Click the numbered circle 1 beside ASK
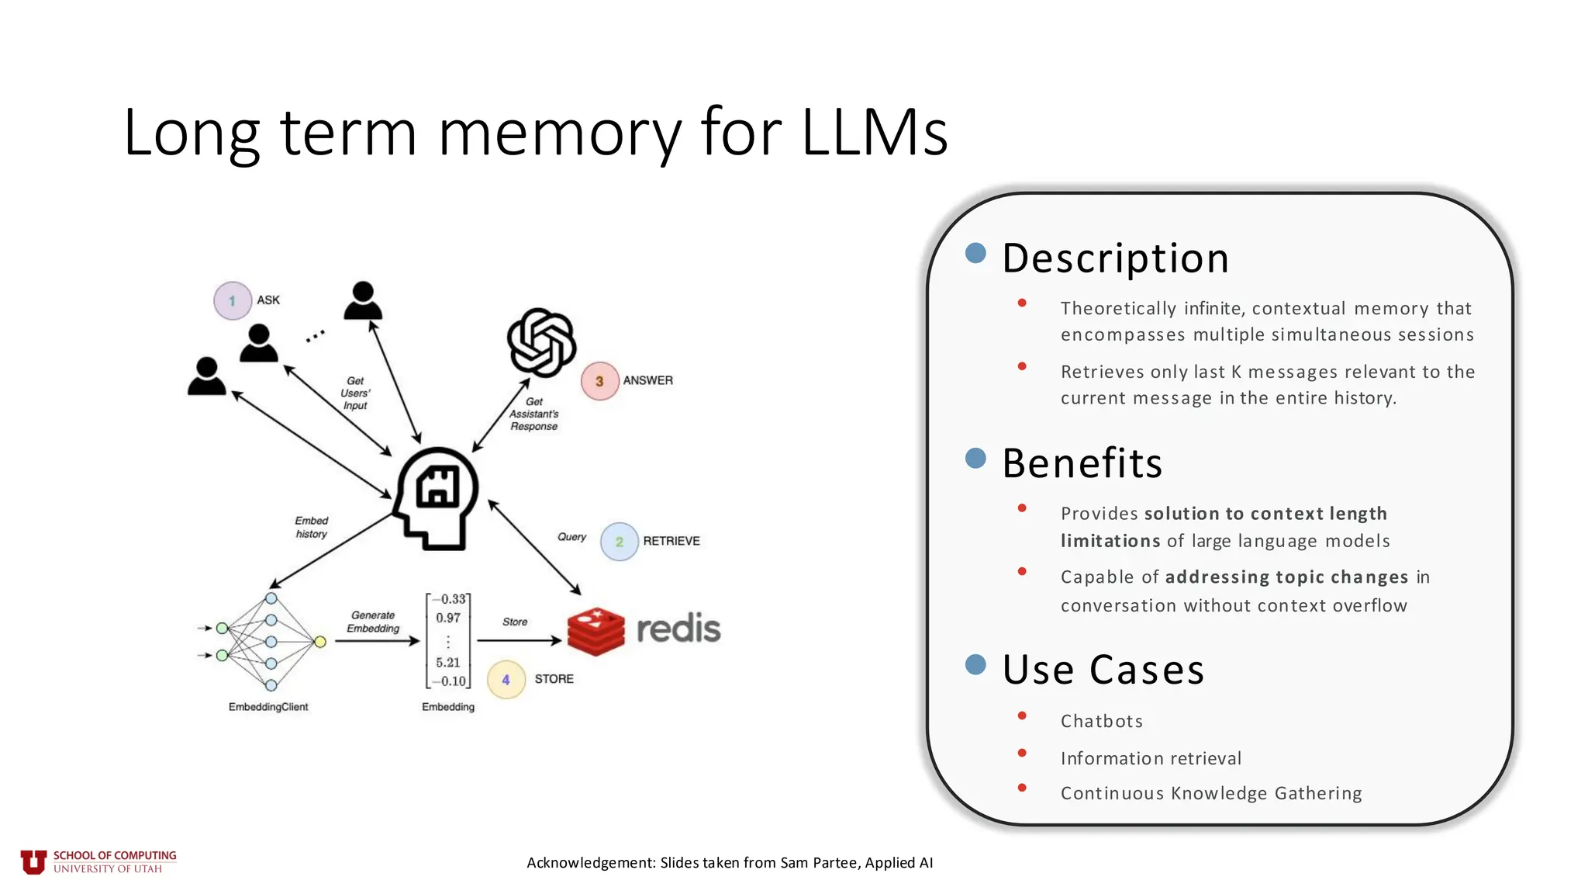pyautogui.click(x=232, y=301)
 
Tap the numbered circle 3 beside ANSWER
pyautogui.click(x=599, y=381)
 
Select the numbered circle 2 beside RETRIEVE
pyautogui.click(x=619, y=542)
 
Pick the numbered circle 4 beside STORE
pyautogui.click(x=506, y=680)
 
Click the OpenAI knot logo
pyautogui.click(x=541, y=342)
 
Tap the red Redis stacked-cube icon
pyautogui.click(x=595, y=631)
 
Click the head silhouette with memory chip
pyautogui.click(x=436, y=497)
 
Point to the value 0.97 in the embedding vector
pyautogui.click(x=448, y=619)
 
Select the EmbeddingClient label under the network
pyautogui.click(x=268, y=707)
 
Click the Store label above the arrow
pyautogui.click(x=515, y=622)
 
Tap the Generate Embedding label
pyautogui.click(x=373, y=622)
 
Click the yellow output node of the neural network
pyautogui.click(x=320, y=641)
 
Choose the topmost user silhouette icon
pyautogui.click(x=363, y=300)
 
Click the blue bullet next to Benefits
pyautogui.click(x=975, y=458)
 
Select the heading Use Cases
pyautogui.click(x=1103, y=670)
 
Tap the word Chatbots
pyautogui.click(x=1101, y=721)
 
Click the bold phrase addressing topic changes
pyautogui.click(x=1286, y=577)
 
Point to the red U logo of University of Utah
pyautogui.click(x=33, y=861)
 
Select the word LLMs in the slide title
pyautogui.click(x=874, y=132)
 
